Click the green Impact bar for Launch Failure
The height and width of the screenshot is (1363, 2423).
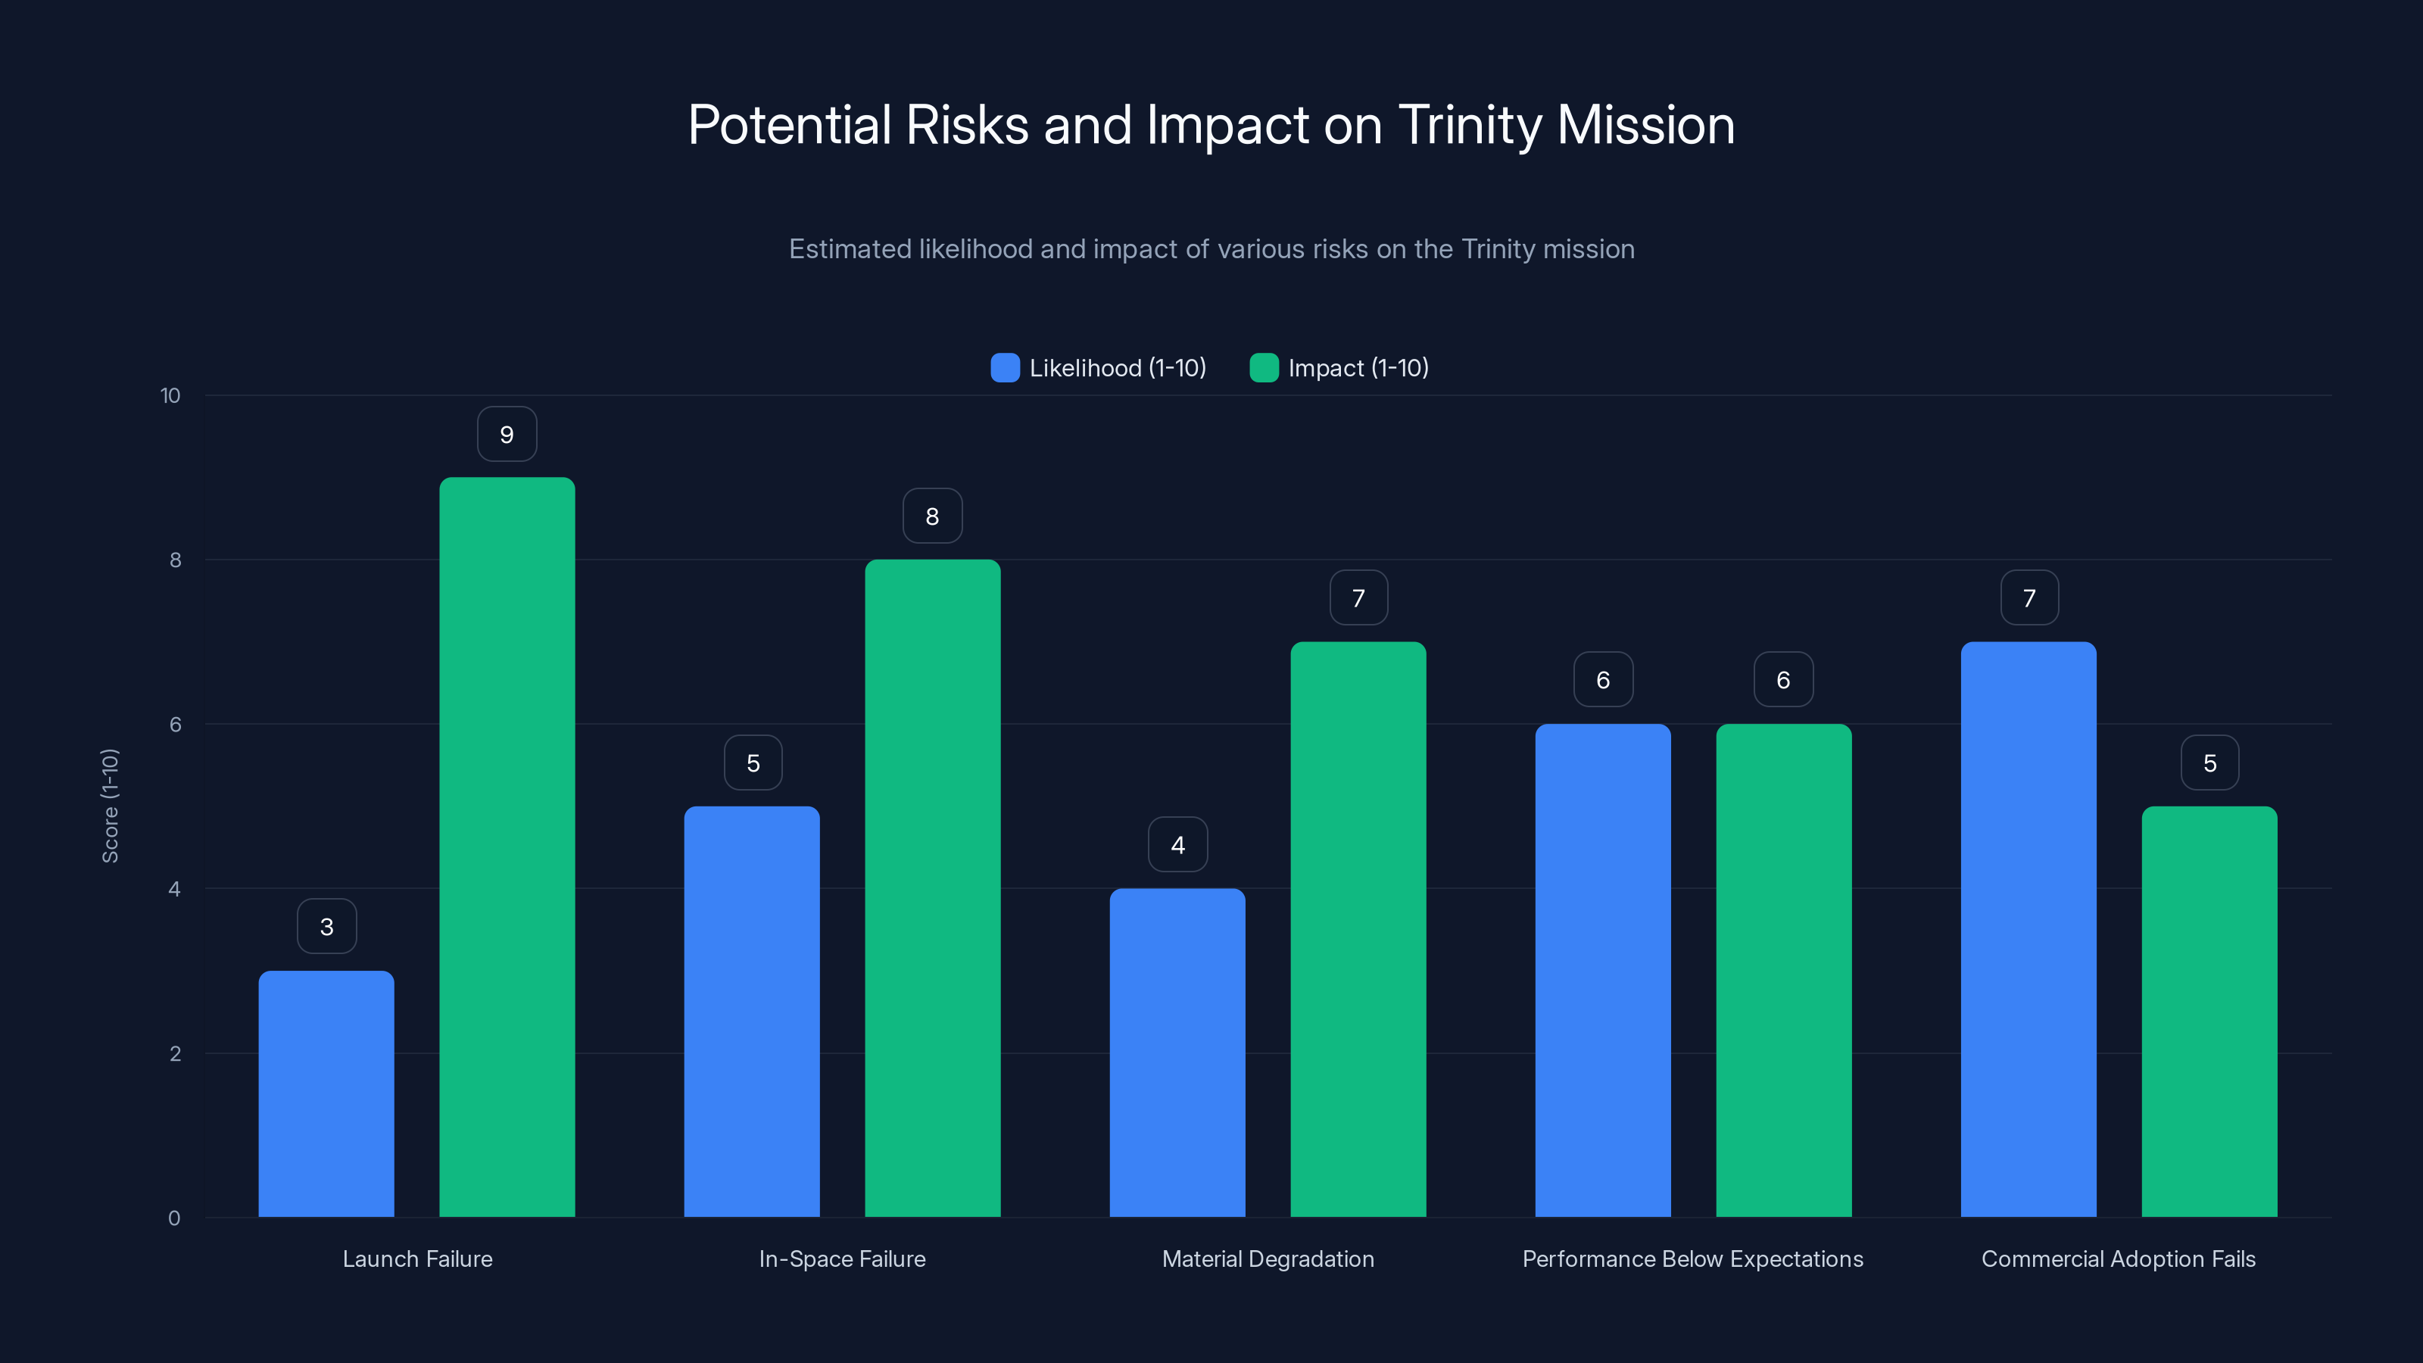507,847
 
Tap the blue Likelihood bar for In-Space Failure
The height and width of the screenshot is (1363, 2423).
752,1011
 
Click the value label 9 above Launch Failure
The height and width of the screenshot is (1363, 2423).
507,435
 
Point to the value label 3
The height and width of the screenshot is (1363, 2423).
326,927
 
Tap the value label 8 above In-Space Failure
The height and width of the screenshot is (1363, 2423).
932,516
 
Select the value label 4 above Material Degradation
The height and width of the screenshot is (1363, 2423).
1177,845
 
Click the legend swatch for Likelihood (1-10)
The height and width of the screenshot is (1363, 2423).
1005,368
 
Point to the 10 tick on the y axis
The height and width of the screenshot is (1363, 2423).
170,395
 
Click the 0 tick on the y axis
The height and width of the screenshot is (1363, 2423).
174,1218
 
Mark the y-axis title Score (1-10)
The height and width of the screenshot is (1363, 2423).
110,806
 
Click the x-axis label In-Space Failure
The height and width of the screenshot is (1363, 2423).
842,1259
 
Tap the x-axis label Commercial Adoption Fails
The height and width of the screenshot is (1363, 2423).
2119,1259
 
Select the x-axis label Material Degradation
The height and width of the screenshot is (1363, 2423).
1268,1259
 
